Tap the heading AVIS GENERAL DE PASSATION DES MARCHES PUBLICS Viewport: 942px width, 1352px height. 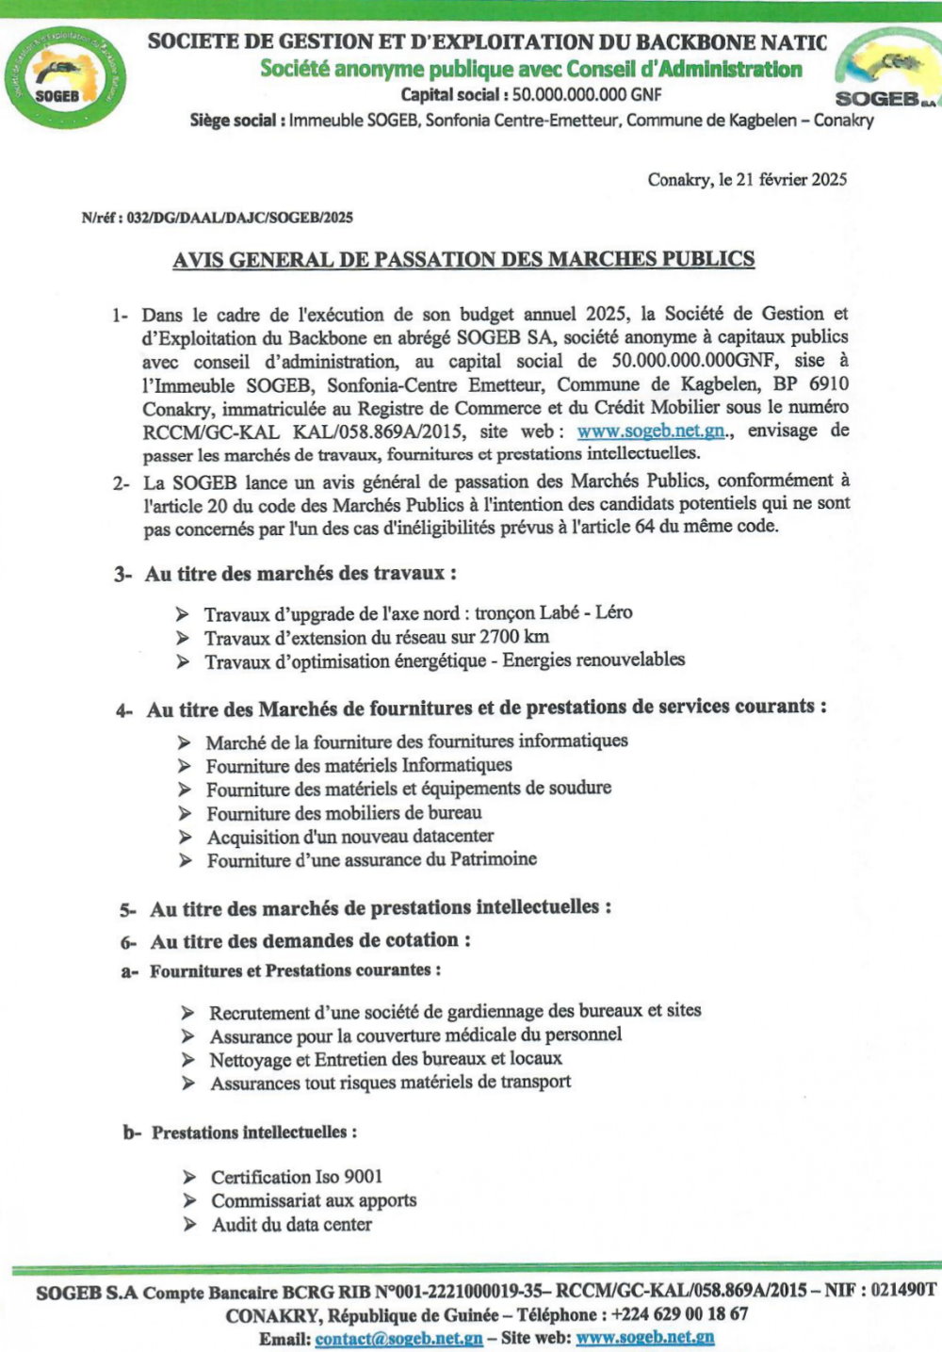pyautogui.click(x=463, y=259)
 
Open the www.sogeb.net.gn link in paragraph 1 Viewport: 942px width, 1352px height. pyautogui.click(x=651, y=432)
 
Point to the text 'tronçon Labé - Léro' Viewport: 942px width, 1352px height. pyautogui.click(x=554, y=612)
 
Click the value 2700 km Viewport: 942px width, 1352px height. pyautogui.click(x=514, y=637)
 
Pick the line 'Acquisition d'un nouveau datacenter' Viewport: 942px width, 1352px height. pyautogui.click(x=349, y=837)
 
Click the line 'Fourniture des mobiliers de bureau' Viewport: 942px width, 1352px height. pyautogui.click(x=344, y=813)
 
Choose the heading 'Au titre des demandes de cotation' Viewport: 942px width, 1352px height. pyautogui.click(x=310, y=940)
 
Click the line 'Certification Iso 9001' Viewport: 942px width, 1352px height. pyautogui.click(x=297, y=1177)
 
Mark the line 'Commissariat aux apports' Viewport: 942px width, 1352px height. pyautogui.click(x=314, y=1200)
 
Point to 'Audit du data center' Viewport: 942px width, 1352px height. pyautogui.click(x=291, y=1225)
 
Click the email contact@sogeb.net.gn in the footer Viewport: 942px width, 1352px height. pyautogui.click(x=398, y=1338)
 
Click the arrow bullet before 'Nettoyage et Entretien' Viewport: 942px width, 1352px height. pyautogui.click(x=189, y=1060)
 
